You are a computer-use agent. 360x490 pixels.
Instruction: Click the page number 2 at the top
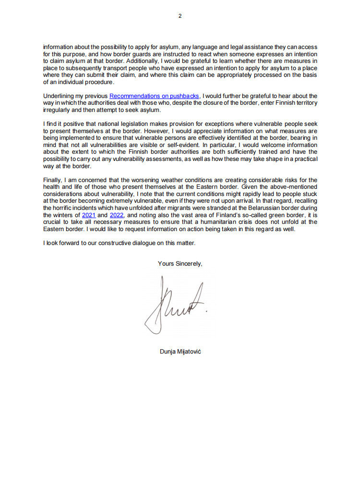(x=180, y=16)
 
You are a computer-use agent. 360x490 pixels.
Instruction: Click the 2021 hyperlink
(x=89, y=215)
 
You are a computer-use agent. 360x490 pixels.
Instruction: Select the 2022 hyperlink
(x=117, y=215)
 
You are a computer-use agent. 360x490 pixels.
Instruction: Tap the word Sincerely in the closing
(x=190, y=263)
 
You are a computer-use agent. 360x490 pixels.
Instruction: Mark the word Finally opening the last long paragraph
(x=53, y=180)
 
